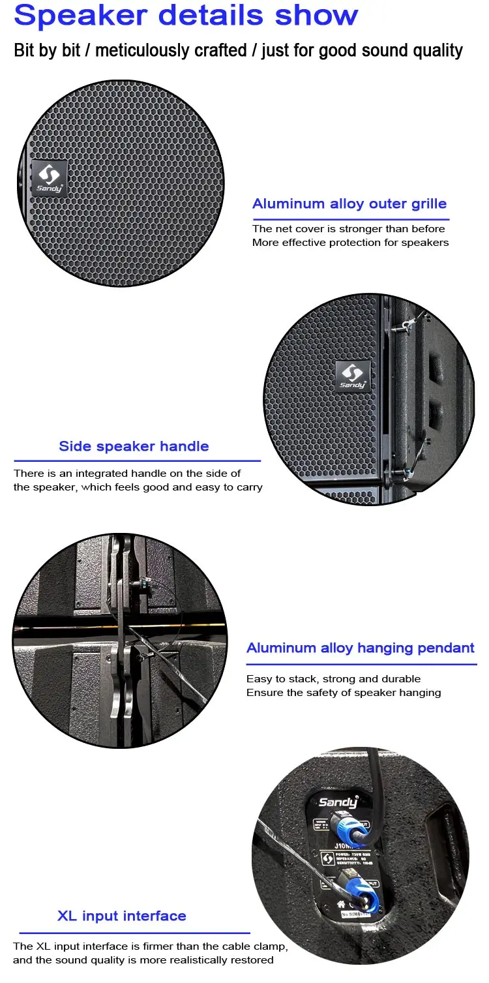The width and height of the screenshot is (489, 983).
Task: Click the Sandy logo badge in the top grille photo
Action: [x=48, y=177]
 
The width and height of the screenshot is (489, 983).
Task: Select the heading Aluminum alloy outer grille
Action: [x=349, y=204]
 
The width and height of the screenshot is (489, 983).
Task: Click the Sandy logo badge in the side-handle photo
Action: [x=353, y=376]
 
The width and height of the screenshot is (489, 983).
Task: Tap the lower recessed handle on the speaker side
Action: [x=435, y=416]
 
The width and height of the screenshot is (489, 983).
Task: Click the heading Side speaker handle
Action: [x=134, y=446]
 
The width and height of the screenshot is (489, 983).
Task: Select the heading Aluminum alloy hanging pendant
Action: [x=361, y=648]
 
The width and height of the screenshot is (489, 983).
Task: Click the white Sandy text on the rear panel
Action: [x=338, y=802]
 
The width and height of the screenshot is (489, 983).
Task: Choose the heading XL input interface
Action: [x=122, y=916]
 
